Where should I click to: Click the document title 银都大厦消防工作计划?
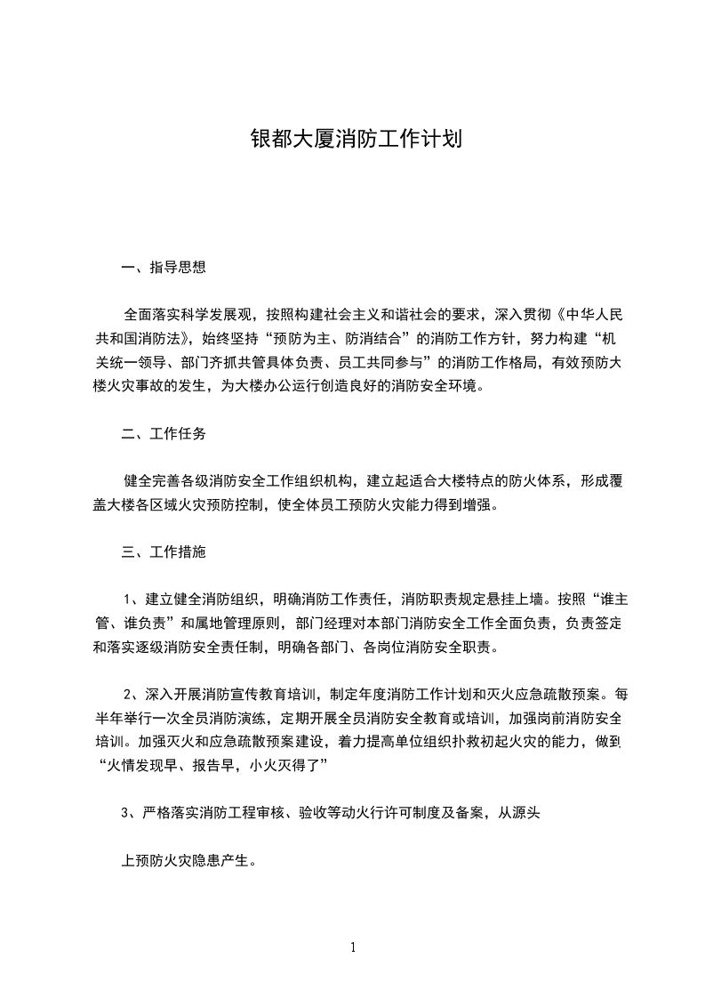pyautogui.click(x=353, y=141)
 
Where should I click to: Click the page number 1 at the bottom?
pyautogui.click(x=353, y=948)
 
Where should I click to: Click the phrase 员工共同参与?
pyautogui.click(x=383, y=362)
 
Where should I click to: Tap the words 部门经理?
pyautogui.click(x=324, y=623)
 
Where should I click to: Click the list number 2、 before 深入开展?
pyautogui.click(x=132, y=694)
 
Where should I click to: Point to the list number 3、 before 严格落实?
pyautogui.click(x=130, y=814)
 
